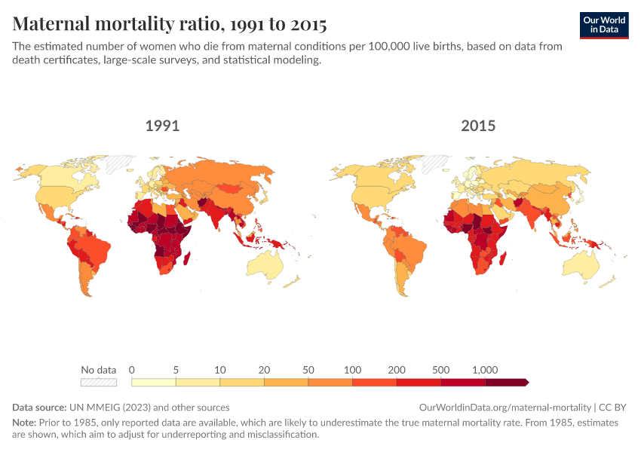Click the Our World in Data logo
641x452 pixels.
(604, 25)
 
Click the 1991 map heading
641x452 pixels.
(162, 126)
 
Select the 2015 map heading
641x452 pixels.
(478, 126)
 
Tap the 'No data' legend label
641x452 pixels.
(99, 370)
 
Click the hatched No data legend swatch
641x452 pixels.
(100, 382)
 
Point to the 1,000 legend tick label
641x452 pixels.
(485, 370)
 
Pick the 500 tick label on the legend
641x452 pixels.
(441, 370)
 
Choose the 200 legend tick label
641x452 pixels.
(397, 370)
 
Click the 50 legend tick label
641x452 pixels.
(308, 370)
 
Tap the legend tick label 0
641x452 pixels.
(132, 370)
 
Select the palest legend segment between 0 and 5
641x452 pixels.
(154, 382)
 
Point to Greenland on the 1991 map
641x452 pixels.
(119, 163)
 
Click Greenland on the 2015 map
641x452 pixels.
(435, 163)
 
